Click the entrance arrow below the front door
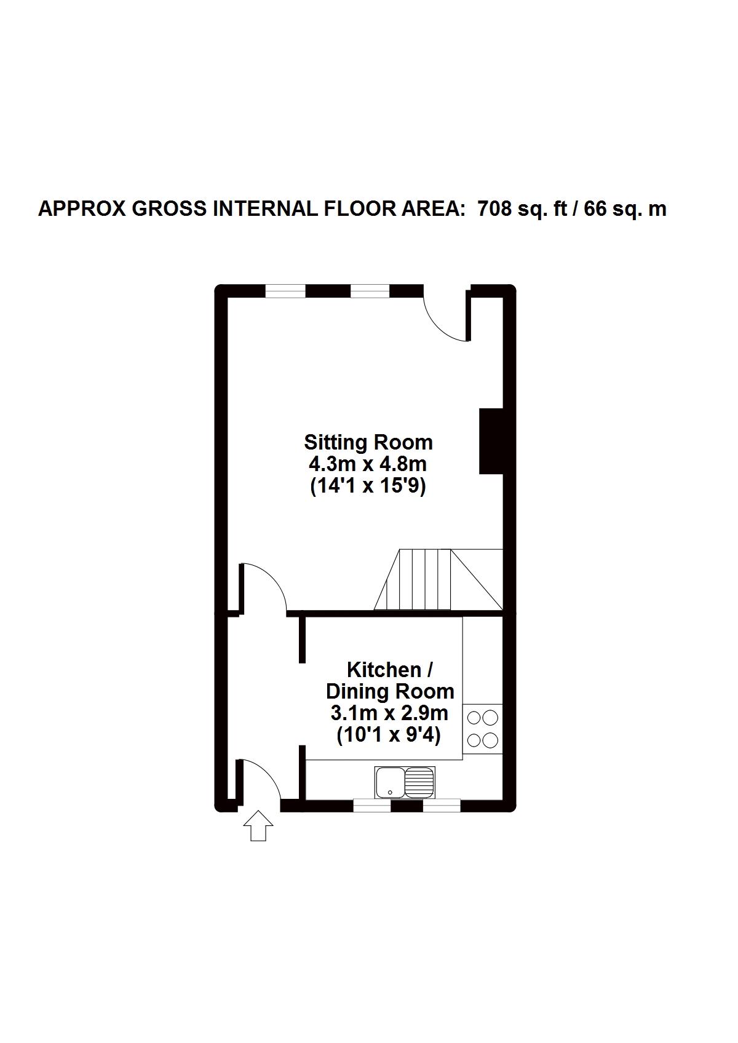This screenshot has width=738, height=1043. point(258,825)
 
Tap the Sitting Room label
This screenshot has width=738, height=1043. point(368,442)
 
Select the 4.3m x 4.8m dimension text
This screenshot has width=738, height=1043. point(368,464)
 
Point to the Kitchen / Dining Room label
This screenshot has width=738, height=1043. point(390,680)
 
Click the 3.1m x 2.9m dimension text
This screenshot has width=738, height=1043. point(389,714)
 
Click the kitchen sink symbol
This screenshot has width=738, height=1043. point(405,782)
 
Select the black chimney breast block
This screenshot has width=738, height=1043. point(491,441)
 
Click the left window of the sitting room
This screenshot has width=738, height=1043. point(285,291)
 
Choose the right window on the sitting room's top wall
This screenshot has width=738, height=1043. point(370,291)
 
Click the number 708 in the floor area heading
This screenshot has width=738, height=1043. point(494,209)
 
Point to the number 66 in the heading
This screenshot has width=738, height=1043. point(595,209)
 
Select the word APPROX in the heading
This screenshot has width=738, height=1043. point(82,209)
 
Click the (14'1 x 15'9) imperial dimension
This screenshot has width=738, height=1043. point(368,486)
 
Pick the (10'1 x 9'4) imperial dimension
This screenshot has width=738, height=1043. point(389,736)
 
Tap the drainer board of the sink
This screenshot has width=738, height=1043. point(420,782)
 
